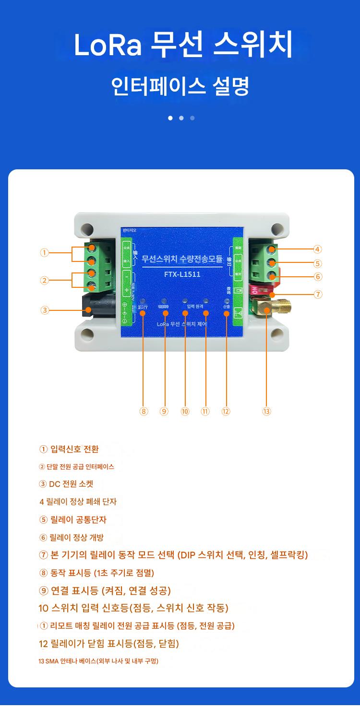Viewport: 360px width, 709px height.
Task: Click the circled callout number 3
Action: [45, 310]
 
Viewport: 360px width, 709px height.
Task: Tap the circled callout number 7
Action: [318, 295]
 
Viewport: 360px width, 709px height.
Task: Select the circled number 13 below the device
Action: [267, 411]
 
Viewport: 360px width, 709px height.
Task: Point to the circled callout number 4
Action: [318, 249]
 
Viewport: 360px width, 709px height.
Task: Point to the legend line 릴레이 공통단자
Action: [73, 520]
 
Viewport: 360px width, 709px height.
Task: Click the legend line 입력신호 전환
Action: [69, 449]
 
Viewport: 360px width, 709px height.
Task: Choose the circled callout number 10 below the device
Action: [185, 411]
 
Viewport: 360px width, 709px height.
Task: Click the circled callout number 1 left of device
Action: [45, 253]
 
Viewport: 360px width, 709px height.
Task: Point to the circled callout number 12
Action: [226, 411]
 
